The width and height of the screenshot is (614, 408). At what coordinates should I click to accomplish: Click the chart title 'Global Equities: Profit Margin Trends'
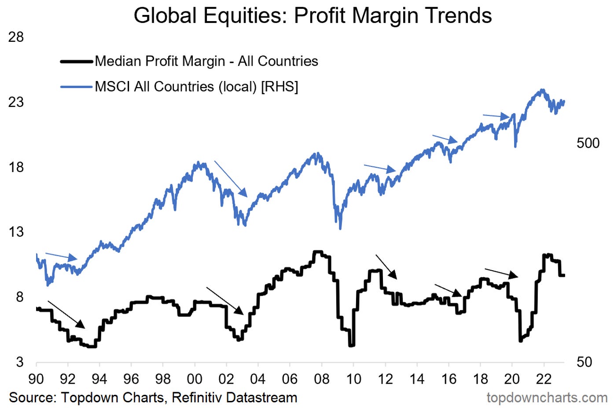313,16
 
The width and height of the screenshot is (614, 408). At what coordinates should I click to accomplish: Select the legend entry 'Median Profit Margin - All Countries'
206,61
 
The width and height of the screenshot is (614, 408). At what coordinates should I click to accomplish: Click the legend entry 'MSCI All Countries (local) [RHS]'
196,87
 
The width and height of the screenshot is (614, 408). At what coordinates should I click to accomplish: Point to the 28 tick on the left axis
16,37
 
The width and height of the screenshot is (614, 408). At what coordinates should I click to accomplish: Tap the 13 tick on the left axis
16,232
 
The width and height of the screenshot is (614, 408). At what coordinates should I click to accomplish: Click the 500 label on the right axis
588,143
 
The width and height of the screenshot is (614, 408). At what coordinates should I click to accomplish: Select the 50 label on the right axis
584,362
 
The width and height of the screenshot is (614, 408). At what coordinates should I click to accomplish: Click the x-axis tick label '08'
322,379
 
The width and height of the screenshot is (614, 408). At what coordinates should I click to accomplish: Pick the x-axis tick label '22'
544,379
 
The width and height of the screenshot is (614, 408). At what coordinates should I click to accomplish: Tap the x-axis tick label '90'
36,379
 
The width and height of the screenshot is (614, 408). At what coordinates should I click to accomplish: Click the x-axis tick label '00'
195,379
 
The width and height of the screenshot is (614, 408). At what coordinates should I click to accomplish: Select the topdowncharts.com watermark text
547,397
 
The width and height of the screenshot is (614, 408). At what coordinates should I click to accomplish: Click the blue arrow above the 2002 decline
231,179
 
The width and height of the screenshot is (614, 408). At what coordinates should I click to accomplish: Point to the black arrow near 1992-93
66,314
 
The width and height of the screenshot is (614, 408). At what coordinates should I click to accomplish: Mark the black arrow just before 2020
501,273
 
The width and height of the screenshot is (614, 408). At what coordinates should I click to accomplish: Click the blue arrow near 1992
61,256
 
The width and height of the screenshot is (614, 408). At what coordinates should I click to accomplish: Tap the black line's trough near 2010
351,345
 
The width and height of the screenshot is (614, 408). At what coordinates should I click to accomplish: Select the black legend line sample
77,61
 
